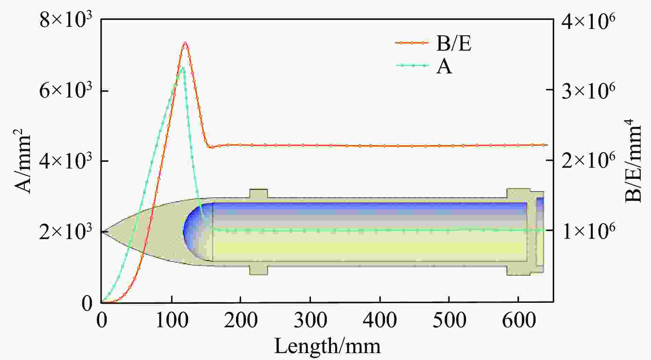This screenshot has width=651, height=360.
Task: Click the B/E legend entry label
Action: point(453,44)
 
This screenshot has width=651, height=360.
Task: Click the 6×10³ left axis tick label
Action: point(65,91)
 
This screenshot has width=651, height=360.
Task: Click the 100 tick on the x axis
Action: point(171,321)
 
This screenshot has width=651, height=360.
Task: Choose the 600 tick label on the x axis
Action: point(518,321)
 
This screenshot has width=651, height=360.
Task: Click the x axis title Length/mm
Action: point(327,346)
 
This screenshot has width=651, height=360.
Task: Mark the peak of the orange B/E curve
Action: point(185,43)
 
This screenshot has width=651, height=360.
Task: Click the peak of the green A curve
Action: point(183,68)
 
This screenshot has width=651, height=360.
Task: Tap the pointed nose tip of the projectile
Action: point(102,232)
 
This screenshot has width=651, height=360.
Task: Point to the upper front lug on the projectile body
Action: point(258,193)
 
